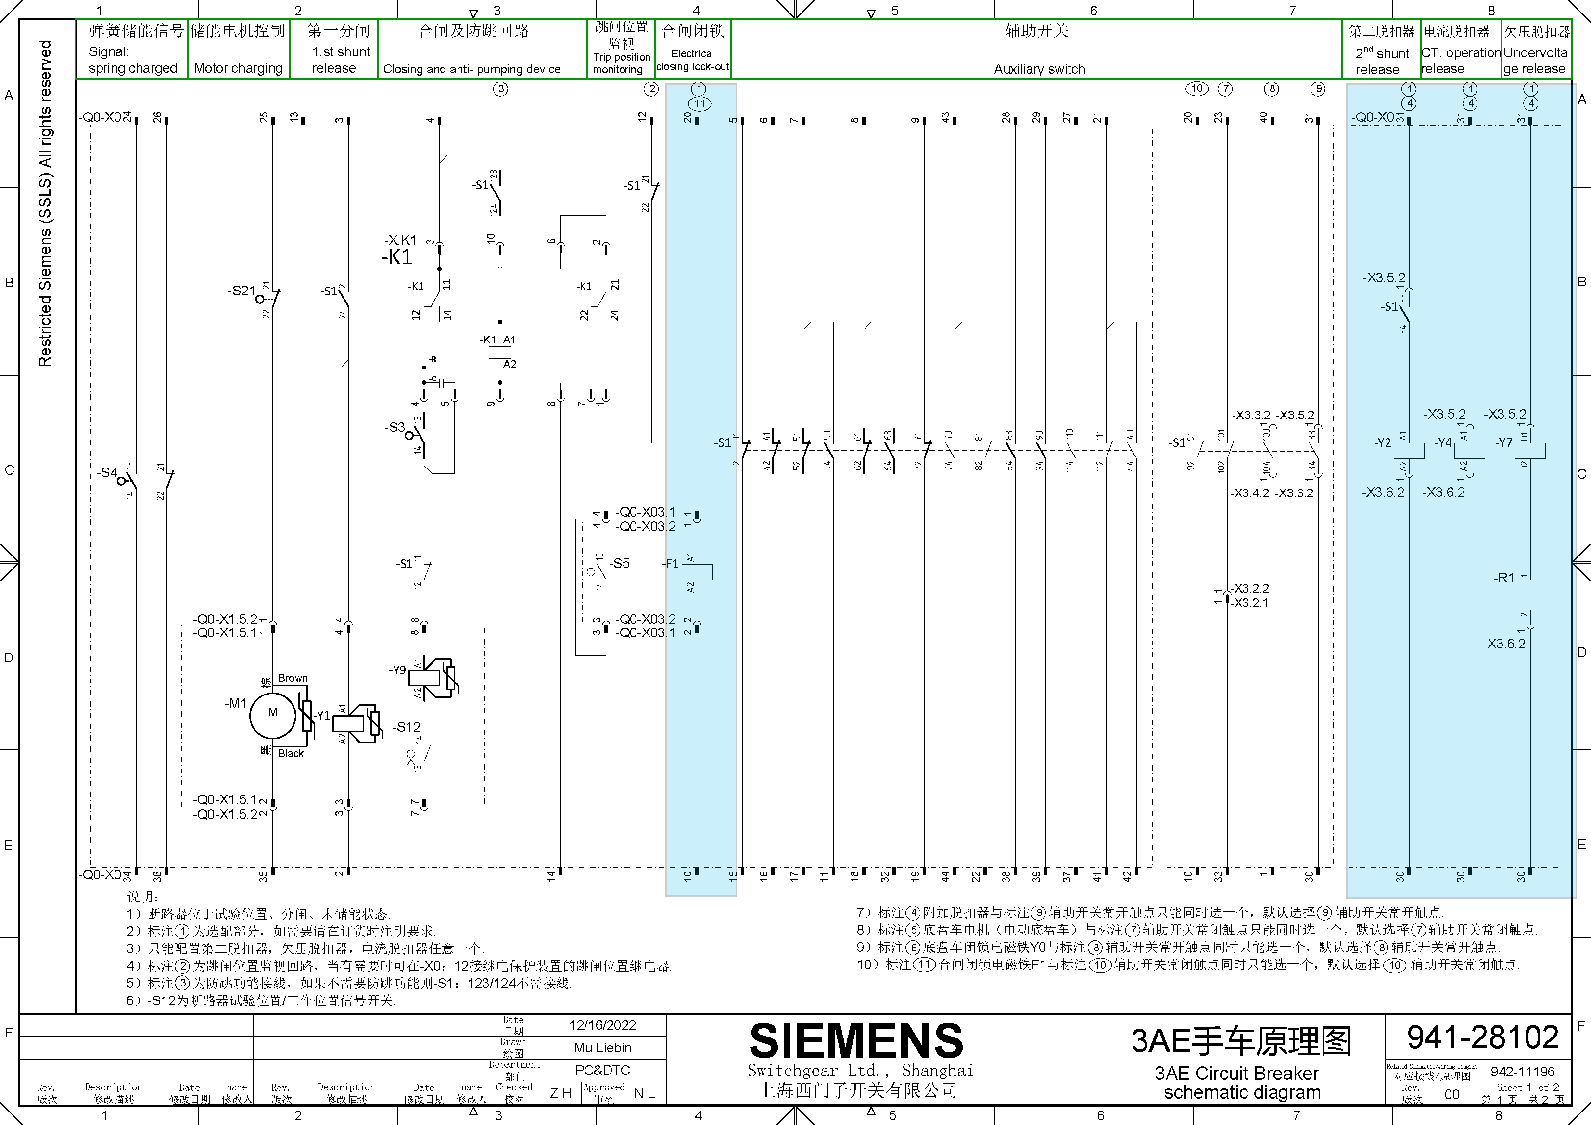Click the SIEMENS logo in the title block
tap(856, 1040)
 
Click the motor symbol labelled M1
tap(272, 713)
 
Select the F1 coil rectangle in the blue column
tap(697, 571)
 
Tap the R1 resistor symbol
tap(1530, 595)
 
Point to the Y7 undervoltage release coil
tap(1530, 450)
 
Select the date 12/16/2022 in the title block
tap(602, 1025)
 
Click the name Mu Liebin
tap(602, 1048)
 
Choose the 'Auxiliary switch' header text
tap(1039, 69)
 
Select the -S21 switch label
tap(241, 291)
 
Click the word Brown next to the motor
tap(293, 678)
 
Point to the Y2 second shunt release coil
tap(1409, 450)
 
